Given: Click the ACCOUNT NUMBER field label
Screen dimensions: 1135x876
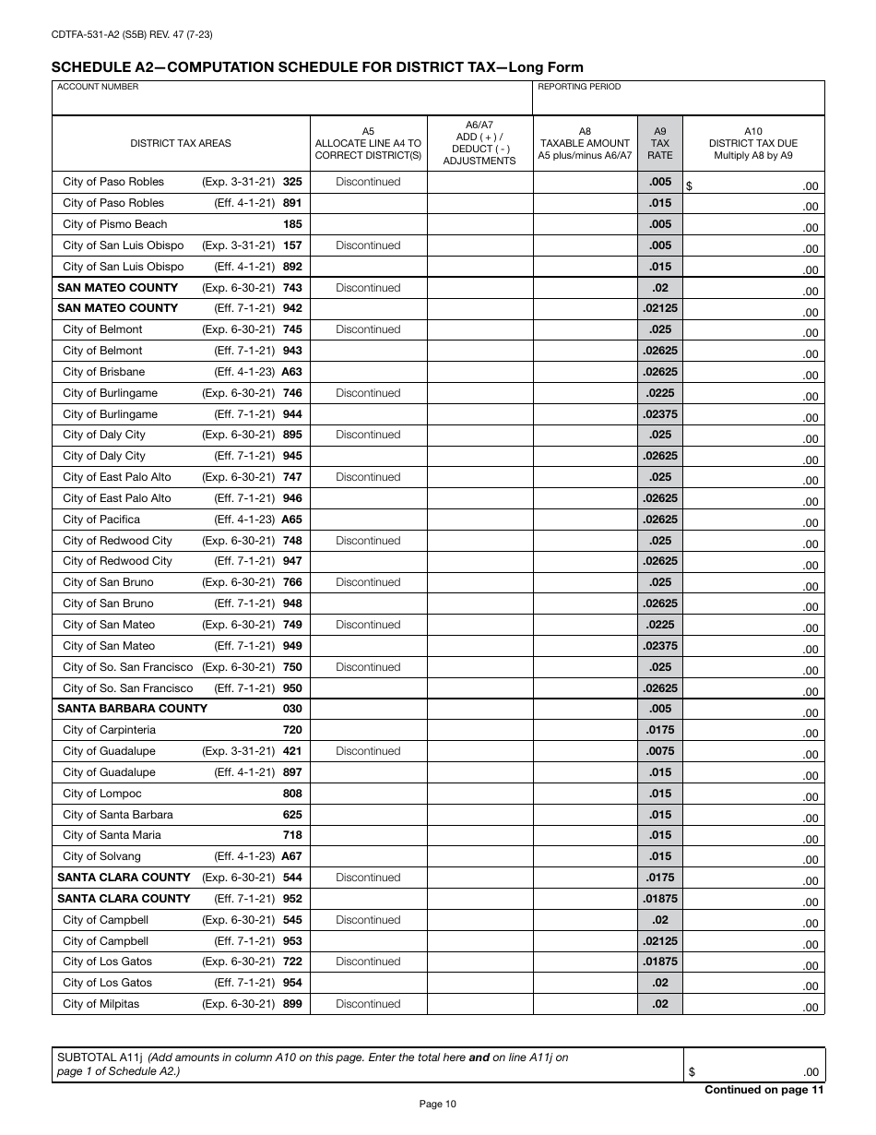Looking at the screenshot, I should point(98,87).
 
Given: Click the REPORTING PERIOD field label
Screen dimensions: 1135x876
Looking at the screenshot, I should point(579,87).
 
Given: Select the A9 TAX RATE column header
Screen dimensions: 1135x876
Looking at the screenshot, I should point(659,143).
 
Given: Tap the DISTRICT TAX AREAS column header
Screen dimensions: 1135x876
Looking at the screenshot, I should point(181,143).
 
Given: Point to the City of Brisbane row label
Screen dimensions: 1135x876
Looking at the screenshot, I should point(103,372).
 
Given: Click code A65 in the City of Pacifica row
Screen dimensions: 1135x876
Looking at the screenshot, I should point(291,520).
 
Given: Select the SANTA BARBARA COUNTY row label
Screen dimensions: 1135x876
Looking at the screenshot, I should point(132,709).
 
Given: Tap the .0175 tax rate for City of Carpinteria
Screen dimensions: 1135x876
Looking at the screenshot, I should point(659,730).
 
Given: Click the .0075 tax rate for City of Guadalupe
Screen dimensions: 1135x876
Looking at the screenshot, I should point(659,751).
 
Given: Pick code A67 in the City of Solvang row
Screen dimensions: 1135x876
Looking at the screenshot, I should point(291,856).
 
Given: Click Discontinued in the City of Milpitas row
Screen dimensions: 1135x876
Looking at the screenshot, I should point(368,1004).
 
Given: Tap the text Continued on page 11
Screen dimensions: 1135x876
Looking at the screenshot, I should point(764,1090).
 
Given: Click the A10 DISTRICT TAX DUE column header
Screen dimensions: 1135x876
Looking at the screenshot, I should point(752,143).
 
